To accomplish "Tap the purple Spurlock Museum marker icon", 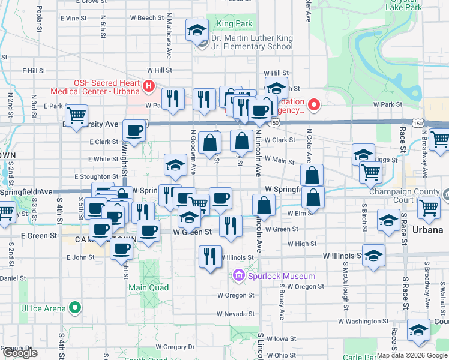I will pos(238,276).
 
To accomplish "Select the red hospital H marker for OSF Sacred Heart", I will pos(148,87).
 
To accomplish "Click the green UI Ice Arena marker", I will pos(75,308).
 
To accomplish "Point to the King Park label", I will pos(234,24).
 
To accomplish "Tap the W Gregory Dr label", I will pos(175,347).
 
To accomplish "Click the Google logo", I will pos(20,353).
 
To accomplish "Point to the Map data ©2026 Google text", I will pos(412,355).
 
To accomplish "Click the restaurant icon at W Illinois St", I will pos(209,257).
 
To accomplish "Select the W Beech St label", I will pos(147,18).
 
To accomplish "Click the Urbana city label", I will pos(427,230).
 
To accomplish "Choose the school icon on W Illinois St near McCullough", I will pos(373,256).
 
